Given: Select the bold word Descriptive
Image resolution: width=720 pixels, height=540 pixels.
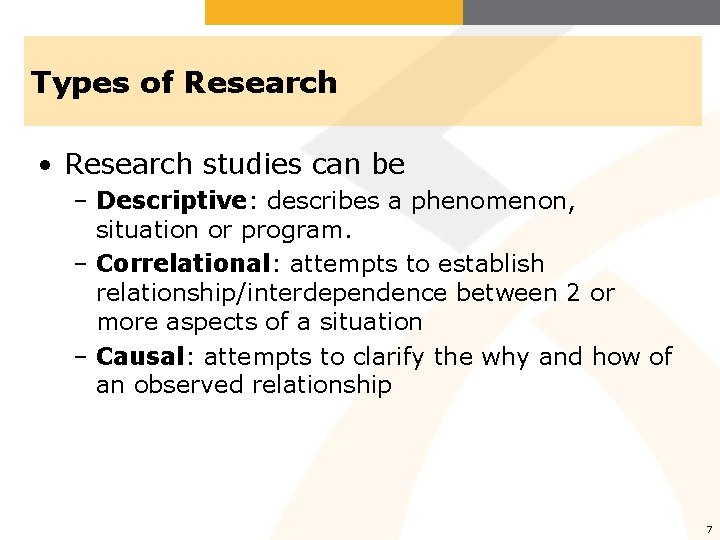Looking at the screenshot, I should [171, 201].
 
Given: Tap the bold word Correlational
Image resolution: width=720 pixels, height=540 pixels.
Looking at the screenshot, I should [183, 264].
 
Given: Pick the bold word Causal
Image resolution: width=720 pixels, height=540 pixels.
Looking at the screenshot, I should [140, 357].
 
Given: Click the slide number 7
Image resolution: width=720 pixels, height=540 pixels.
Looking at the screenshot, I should [708, 529].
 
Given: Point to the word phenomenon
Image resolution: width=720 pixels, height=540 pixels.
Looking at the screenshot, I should [493, 202].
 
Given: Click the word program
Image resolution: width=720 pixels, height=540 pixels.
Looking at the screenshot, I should [297, 231].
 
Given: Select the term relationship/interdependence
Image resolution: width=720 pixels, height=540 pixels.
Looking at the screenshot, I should [271, 293].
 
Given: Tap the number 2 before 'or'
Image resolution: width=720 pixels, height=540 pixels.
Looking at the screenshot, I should [569, 293].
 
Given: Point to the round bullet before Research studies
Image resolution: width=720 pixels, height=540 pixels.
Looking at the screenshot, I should [46, 164].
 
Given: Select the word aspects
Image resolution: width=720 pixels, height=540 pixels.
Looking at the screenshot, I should [225, 322].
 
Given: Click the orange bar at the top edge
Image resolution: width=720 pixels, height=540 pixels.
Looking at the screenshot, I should [334, 12].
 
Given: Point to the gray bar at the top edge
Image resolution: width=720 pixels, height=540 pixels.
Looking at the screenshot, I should [591, 12].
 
